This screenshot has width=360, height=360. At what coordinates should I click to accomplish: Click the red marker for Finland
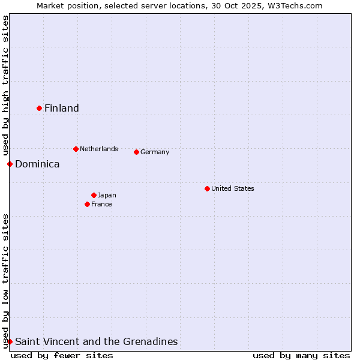[40, 108]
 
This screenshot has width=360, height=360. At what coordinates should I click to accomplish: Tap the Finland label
[62, 108]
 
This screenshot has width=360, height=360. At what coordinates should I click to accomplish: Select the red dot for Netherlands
[76, 149]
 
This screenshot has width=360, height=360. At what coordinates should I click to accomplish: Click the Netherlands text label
[99, 149]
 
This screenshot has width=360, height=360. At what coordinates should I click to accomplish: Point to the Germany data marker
[137, 152]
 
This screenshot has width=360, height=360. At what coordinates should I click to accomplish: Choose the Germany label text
[155, 152]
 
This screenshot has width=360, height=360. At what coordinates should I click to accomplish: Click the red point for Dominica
[10, 164]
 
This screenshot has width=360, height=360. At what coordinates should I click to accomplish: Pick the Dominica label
[37, 164]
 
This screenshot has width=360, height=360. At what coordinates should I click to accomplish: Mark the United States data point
[208, 188]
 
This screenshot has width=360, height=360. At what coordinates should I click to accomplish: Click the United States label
[233, 188]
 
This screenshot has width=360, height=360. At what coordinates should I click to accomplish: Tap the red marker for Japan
[94, 195]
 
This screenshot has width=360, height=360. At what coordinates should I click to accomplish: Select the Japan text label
[107, 195]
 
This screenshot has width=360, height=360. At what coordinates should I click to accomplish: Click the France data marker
[88, 204]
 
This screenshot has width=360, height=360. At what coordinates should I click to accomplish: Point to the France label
[101, 204]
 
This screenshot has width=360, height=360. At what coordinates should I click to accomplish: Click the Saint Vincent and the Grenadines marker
[10, 341]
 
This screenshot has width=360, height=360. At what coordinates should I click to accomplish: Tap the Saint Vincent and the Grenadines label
[97, 341]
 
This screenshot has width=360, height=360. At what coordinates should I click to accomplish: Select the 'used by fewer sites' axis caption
[62, 355]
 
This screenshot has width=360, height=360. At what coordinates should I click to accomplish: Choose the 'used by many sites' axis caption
[301, 355]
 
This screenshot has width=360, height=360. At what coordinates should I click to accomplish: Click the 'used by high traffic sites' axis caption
[5, 86]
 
